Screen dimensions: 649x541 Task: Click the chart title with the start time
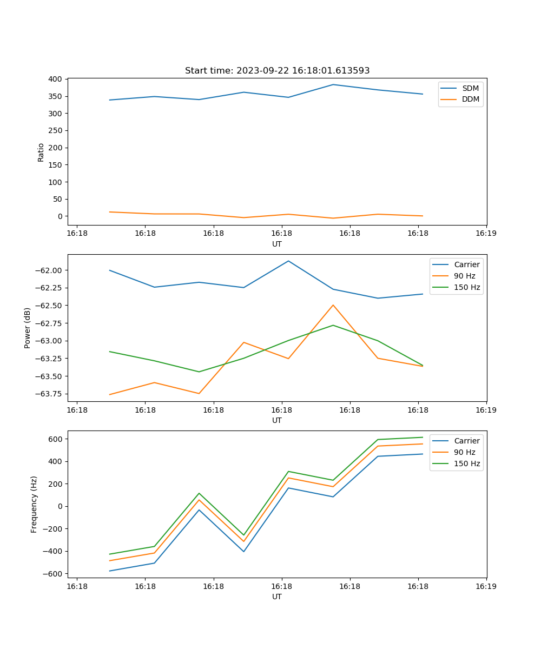tap(277, 71)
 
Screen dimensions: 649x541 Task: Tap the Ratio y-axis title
tap(41, 152)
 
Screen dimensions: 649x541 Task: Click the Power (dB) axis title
tap(28, 328)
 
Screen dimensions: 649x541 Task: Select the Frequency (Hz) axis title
tap(34, 504)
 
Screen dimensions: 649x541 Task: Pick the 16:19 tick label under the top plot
tap(486, 233)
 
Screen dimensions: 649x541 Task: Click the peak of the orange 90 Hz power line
tap(333, 305)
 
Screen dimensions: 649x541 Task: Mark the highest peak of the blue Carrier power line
tap(288, 261)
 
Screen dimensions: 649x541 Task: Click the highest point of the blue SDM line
tap(333, 84)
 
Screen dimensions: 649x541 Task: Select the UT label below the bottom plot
tap(277, 597)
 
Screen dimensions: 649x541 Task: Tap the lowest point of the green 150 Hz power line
tap(199, 372)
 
